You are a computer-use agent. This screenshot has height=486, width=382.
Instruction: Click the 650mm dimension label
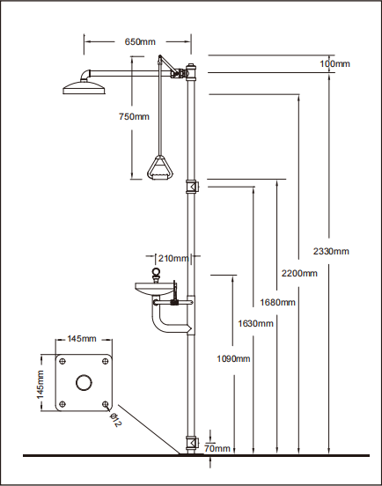[140, 42]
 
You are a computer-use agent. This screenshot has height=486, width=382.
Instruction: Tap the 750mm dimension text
[134, 116]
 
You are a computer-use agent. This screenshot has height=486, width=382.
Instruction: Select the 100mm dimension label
[334, 64]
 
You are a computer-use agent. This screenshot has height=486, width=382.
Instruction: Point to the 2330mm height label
[331, 251]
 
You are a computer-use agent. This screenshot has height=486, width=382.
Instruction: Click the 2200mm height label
[299, 273]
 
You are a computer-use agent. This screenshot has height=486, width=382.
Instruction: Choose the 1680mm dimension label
[277, 302]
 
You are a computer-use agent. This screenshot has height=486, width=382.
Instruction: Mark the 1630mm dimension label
[255, 324]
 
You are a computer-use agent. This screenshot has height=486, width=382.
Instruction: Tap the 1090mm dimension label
[233, 359]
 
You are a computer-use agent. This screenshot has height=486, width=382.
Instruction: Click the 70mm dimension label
[217, 448]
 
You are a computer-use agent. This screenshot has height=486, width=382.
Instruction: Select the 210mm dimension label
[173, 258]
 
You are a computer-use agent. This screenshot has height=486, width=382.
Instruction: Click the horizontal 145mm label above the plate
[82, 338]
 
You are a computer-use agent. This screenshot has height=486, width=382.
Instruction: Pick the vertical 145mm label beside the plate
[40, 385]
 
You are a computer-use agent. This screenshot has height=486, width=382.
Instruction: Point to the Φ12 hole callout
[115, 420]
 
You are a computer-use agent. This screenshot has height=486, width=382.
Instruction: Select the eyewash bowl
[154, 288]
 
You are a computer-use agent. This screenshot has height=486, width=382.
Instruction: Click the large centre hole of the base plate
[84, 382]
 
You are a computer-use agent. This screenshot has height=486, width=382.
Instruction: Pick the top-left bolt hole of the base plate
[62, 361]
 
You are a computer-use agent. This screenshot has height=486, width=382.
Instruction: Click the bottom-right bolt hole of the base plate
[106, 404]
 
